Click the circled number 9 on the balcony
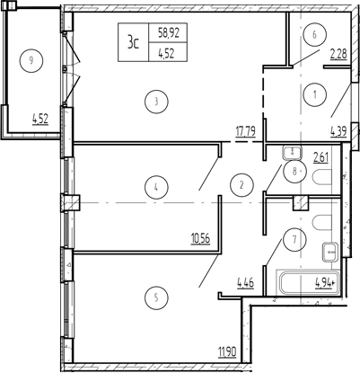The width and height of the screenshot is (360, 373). click(x=31, y=61)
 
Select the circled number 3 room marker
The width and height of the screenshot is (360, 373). click(x=156, y=102)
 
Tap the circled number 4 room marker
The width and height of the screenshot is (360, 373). click(x=156, y=187)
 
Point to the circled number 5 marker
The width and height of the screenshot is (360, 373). click(x=156, y=298)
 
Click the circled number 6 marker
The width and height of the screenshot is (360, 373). click(x=314, y=35)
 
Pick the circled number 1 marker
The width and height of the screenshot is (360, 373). click(x=315, y=94)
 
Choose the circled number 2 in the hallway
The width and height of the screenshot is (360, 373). click(x=241, y=185)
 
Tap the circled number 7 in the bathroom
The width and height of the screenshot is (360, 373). click(x=294, y=239)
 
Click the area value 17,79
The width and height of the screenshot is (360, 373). click(x=245, y=132)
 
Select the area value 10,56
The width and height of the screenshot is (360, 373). click(x=200, y=239)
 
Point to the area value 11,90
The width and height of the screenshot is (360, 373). click(x=227, y=351)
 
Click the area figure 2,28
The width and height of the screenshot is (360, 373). click(x=338, y=55)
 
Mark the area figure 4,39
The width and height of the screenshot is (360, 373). click(x=338, y=132)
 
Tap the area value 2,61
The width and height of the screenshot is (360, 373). click(x=320, y=157)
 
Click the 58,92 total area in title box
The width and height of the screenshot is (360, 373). click(x=169, y=32)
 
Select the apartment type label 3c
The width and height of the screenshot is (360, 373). click(x=133, y=42)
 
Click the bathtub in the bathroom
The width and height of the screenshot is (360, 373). click(x=309, y=282)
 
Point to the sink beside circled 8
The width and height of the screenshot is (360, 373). click(x=293, y=153)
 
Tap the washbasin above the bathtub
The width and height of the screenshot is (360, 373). click(x=330, y=253)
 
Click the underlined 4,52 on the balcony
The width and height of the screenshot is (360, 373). click(x=40, y=120)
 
